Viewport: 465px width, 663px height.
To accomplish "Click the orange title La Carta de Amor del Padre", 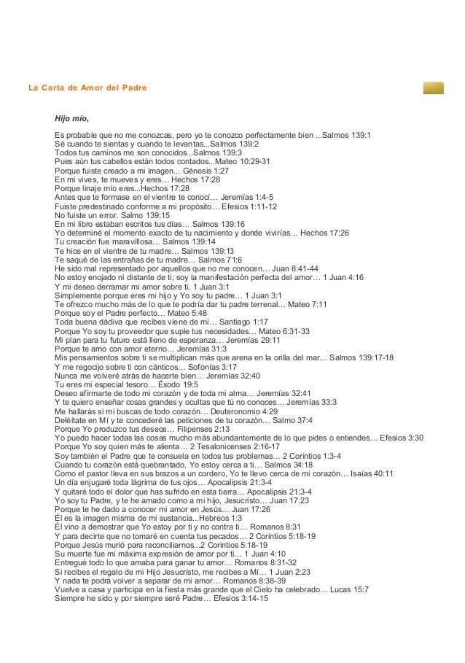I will click(87, 88).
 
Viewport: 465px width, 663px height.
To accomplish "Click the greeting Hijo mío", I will click(72, 119).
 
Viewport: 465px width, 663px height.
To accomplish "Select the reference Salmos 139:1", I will click(347, 136).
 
